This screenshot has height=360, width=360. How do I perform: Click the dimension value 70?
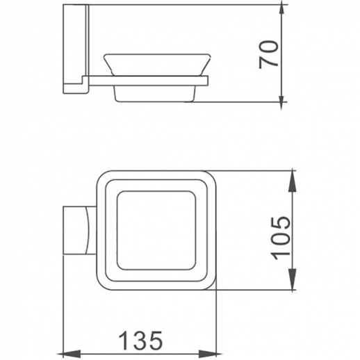pos(269,52)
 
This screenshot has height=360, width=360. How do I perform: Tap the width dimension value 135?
pos(140,341)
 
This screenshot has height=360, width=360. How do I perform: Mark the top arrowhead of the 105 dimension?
pos(292,174)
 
